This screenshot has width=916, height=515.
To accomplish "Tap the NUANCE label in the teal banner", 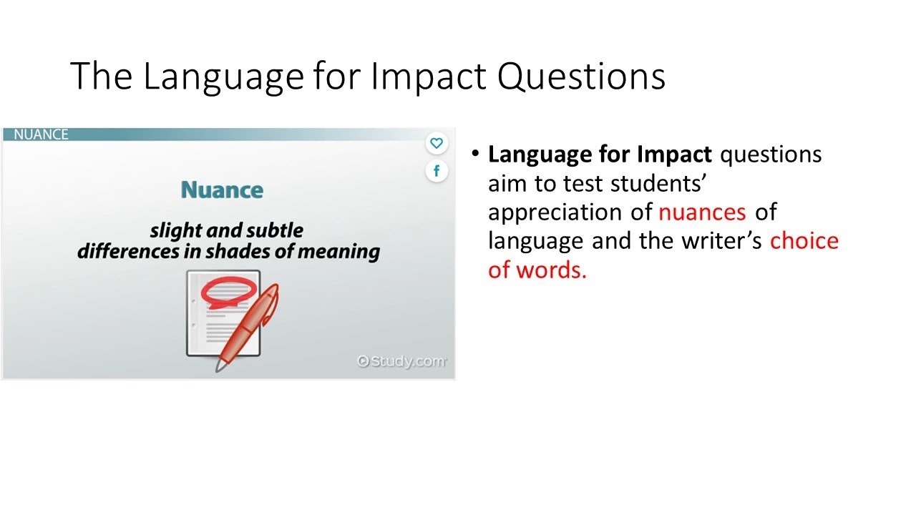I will coord(41,134).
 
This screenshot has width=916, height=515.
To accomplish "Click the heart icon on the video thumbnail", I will coord(437,143).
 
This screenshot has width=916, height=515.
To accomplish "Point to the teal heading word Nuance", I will coord(222,190).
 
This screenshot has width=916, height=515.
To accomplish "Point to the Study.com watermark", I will coord(402,361).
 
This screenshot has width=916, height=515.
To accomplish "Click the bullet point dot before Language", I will coord(474,153).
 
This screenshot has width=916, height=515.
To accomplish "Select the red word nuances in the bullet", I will coord(701,212).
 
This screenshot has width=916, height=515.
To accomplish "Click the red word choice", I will coord(804,241).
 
